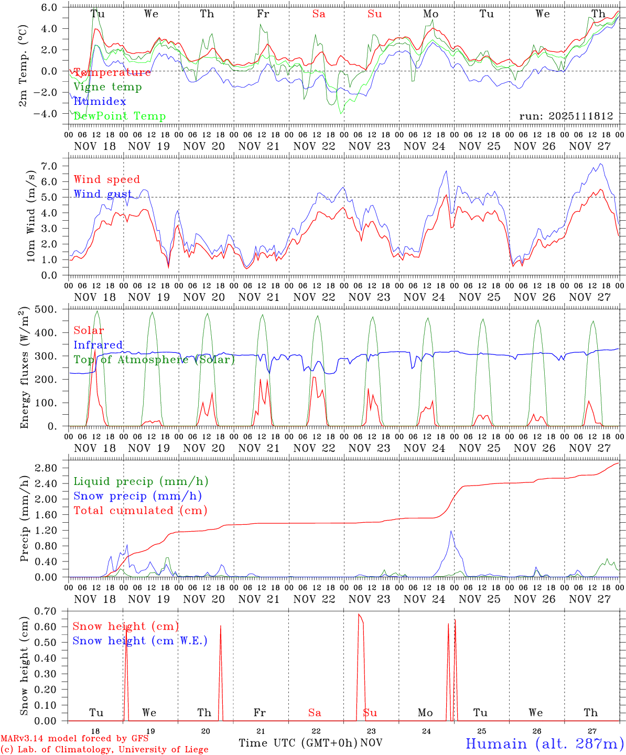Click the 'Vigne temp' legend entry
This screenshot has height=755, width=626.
[107, 87]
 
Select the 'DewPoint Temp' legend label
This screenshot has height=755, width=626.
[120, 116]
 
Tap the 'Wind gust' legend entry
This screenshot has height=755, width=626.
[103, 194]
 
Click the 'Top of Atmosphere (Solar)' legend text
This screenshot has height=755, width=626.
[154, 360]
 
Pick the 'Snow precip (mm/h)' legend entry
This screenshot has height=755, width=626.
[137, 496]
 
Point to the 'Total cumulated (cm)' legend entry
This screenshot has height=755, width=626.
[140, 510]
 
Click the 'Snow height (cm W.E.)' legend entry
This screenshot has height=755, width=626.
[140, 641]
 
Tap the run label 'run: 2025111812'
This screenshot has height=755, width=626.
[566, 116]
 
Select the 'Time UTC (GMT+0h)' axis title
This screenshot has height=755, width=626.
[298, 743]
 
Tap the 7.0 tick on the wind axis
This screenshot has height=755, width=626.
[50, 166]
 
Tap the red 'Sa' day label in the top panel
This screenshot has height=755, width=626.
[319, 14]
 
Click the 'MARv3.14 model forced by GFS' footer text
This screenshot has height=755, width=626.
[74, 739]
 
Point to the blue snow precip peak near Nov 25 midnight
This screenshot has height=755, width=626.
[451, 531]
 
